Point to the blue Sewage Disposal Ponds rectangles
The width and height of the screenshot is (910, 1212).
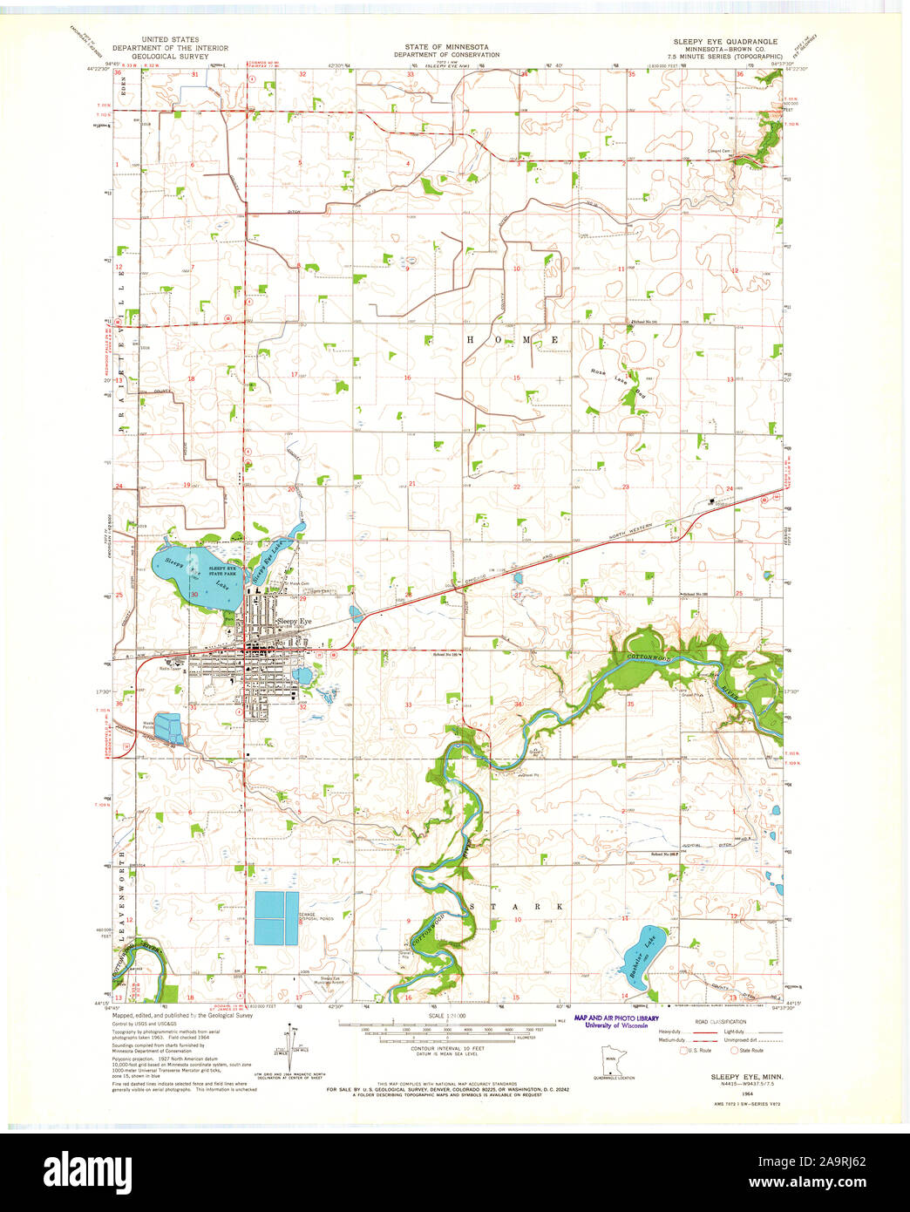click(x=276, y=918)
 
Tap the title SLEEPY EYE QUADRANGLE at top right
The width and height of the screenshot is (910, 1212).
click(x=724, y=41)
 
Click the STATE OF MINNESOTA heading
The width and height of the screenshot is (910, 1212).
click(x=446, y=45)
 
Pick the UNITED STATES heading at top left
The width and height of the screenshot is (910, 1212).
click(x=170, y=40)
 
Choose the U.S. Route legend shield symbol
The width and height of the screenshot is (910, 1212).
click(x=685, y=1051)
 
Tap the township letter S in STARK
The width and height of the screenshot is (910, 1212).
click(x=473, y=907)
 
